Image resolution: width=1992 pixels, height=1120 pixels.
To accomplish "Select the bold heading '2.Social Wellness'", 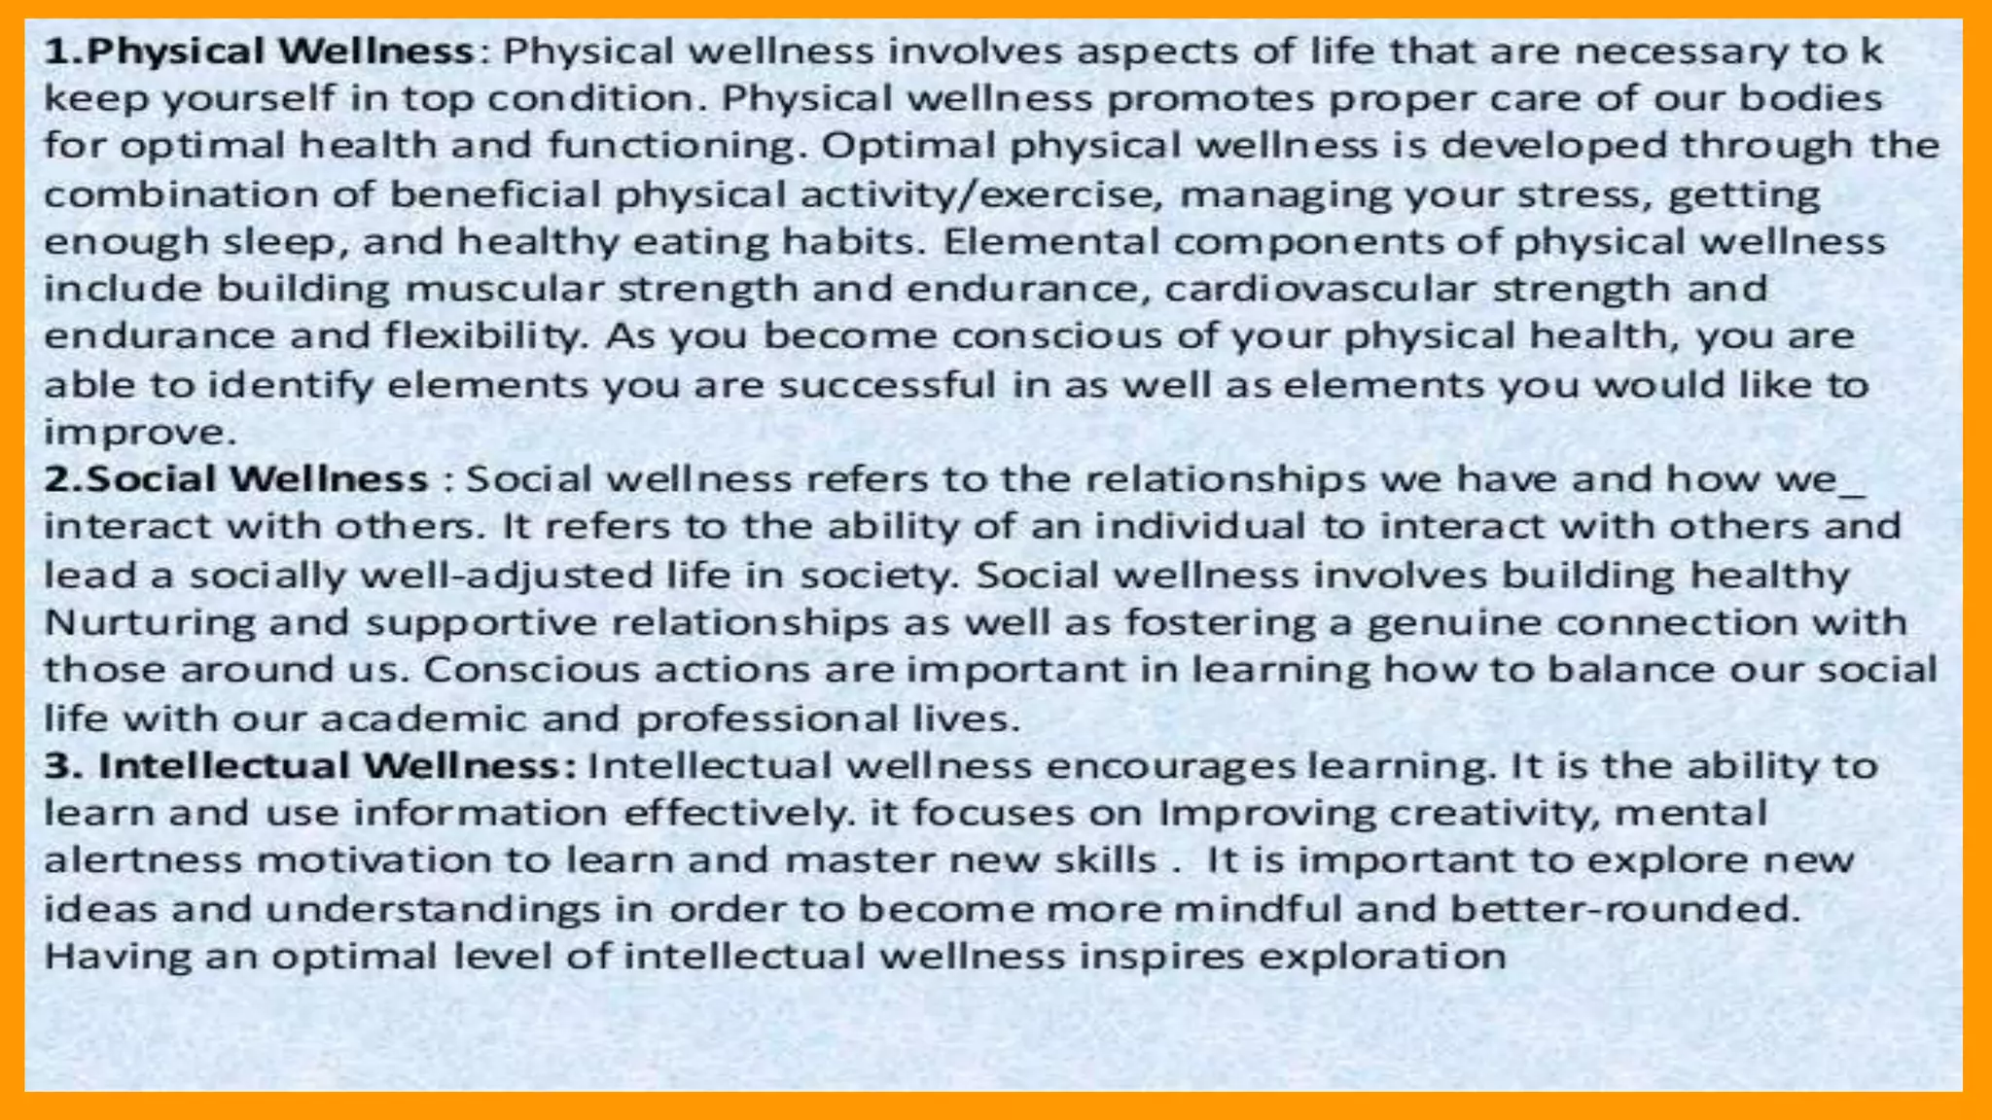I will coord(236,479).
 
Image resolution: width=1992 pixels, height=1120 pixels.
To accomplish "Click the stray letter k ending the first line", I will coord(1871,52).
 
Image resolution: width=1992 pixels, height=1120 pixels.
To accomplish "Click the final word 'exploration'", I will coord(1382,957).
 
